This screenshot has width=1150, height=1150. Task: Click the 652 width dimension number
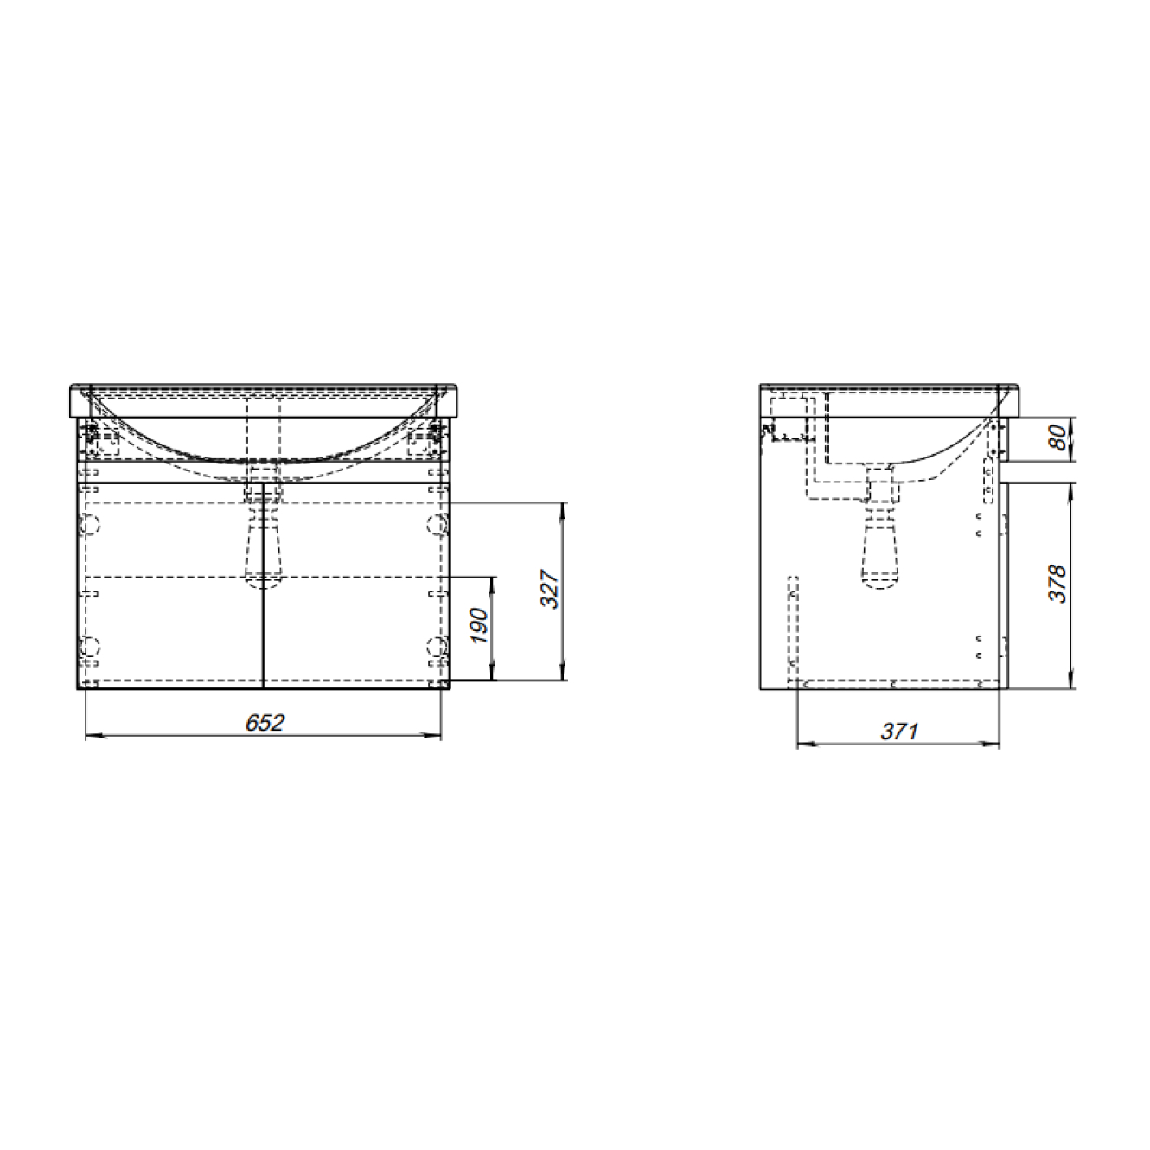(265, 723)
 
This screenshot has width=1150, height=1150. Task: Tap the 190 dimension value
(481, 626)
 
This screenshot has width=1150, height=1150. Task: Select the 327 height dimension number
(550, 590)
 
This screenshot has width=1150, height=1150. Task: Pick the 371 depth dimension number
(899, 731)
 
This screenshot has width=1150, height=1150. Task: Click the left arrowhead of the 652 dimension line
(95, 736)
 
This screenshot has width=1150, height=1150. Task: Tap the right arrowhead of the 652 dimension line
(431, 736)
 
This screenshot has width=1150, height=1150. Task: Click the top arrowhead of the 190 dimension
(492, 586)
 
